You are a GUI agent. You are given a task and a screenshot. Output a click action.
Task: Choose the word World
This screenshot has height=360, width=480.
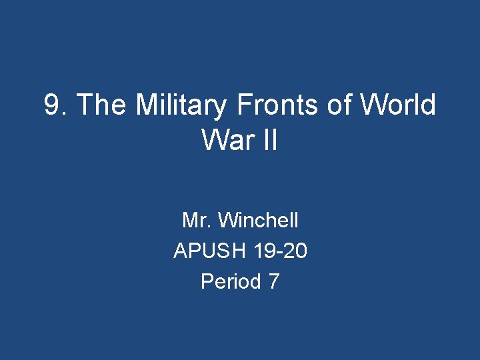(x=398, y=105)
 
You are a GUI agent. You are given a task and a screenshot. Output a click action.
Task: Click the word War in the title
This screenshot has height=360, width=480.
(x=223, y=140)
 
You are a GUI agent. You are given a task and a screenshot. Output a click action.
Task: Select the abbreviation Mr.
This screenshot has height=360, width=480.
(x=197, y=219)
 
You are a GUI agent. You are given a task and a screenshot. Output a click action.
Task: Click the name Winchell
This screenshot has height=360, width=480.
(x=258, y=219)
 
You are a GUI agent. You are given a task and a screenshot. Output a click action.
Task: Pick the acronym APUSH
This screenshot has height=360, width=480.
(x=210, y=251)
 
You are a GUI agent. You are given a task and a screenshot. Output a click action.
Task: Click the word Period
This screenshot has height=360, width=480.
(x=231, y=282)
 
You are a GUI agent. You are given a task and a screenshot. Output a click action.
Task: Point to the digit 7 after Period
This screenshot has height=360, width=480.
(x=273, y=282)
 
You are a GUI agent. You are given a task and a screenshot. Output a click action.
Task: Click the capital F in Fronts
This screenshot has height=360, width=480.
(x=243, y=105)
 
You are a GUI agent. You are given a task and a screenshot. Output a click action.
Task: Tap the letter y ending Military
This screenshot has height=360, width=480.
(x=221, y=108)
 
